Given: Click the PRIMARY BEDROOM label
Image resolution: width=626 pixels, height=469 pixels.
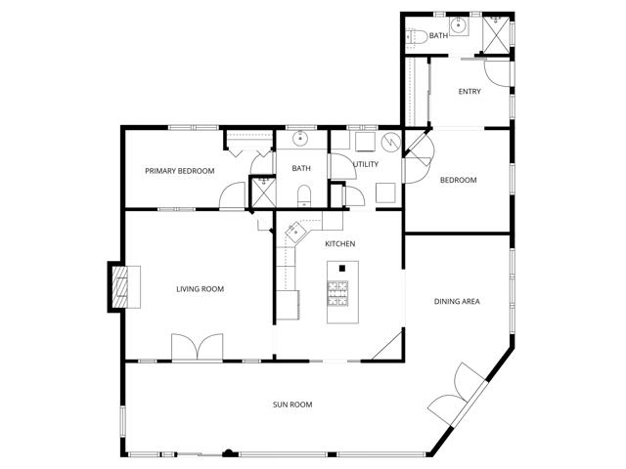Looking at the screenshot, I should (x=179, y=171).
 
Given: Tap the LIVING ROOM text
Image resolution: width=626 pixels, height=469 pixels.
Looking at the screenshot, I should (x=201, y=288).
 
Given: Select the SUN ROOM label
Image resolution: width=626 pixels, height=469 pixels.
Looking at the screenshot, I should (x=292, y=405).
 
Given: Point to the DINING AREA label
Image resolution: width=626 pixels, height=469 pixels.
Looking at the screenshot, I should (x=457, y=301).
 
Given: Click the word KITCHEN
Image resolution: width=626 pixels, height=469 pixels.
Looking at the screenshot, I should (x=339, y=243).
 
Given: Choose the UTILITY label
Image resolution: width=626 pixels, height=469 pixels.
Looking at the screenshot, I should (x=366, y=164).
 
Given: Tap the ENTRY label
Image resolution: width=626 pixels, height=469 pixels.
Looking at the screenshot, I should (x=469, y=92).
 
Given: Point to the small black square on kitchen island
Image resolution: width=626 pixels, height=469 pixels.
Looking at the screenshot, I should (x=341, y=268).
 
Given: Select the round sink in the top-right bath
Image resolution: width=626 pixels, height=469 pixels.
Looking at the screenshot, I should (x=457, y=27).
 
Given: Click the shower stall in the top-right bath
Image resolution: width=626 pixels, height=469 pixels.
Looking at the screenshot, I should (x=498, y=30).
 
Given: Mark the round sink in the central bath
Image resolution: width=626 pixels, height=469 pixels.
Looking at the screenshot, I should (x=301, y=138).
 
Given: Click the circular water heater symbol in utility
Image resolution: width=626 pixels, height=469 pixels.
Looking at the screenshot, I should (x=391, y=144).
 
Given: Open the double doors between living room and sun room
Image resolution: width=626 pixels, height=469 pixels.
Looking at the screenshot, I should (x=197, y=349).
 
